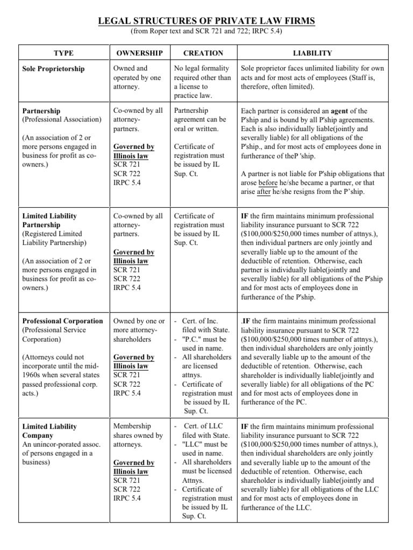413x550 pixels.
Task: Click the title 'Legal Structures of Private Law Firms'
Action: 206,21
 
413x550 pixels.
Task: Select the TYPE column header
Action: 63,53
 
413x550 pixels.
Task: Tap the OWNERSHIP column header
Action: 139,53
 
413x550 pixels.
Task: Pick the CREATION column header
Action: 203,53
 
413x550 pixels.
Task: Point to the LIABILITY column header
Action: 312,53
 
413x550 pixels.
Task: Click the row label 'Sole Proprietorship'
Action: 54,69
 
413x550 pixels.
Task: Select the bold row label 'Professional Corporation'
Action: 62,321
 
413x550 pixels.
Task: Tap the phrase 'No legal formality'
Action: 202,69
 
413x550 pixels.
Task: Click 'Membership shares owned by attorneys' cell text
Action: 138,436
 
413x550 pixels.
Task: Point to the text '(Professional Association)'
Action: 62,119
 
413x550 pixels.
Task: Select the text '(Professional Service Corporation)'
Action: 54,335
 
